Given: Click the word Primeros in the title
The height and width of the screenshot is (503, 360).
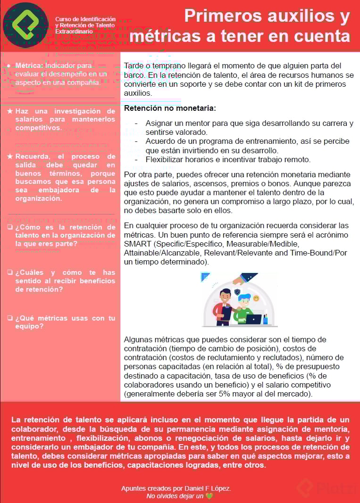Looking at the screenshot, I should point(218,16).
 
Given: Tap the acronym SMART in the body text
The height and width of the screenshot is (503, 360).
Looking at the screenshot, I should point(135,244).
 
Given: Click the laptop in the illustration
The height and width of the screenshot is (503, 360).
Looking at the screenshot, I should point(253,319).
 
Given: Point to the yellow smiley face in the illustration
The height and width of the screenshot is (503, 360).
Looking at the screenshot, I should point(256,298).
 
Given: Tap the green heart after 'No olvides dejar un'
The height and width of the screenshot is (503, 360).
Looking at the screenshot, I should point(209,496).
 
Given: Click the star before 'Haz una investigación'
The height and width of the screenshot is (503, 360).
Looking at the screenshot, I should point(10,111).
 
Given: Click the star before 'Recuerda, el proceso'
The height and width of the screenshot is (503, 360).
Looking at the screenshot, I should point(10,157).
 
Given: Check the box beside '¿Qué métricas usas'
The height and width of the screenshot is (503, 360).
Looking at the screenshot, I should point(10,318).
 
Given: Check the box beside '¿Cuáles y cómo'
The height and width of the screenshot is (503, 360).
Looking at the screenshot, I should point(10,272).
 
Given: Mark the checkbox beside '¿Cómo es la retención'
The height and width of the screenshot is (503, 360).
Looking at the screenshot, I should point(10,227).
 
